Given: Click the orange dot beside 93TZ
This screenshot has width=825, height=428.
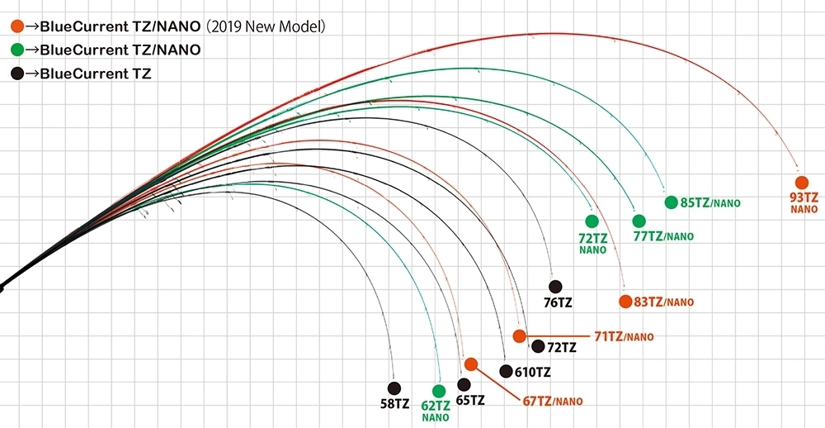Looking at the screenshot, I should click(800, 183).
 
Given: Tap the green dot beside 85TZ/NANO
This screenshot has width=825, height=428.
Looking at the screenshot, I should click(671, 202).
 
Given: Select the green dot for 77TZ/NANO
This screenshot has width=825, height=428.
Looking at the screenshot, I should click(639, 221).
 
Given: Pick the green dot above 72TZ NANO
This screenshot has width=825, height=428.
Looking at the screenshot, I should click(592, 221).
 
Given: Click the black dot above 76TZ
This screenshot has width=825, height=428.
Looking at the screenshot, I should click(555, 286).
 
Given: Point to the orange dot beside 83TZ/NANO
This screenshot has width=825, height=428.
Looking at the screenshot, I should click(625, 302).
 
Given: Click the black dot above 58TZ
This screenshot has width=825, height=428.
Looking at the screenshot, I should click(394, 388).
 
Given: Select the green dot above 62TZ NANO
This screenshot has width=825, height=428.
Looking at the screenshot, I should click(439, 391).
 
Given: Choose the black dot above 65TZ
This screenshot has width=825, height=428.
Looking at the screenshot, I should click(464, 384).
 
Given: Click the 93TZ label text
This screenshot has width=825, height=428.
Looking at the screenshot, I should click(804, 197).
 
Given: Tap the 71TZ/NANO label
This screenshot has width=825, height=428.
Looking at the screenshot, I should click(624, 336).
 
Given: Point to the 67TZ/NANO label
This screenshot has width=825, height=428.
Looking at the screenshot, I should click(553, 401).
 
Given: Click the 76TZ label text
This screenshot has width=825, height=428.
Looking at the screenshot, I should click(559, 302).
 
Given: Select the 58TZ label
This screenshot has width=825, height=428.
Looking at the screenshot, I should click(394, 404).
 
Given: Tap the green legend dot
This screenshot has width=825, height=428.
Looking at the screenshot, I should click(16, 50).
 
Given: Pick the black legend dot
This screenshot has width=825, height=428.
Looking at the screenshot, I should click(16, 74).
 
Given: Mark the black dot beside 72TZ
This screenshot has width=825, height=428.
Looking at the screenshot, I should click(538, 346).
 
